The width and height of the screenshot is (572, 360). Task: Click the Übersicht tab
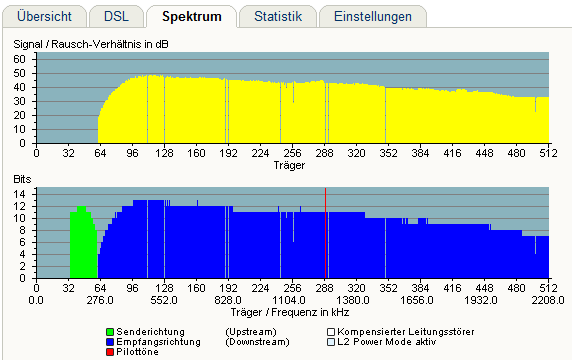click(45, 16)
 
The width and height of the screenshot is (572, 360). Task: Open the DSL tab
click(116, 16)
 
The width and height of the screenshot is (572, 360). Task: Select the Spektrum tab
click(192, 16)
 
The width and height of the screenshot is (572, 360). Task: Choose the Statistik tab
click(278, 16)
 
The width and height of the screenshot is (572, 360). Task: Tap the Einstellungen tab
click(373, 16)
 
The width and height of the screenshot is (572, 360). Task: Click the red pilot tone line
click(325, 233)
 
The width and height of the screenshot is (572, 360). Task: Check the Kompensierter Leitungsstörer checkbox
click(331, 332)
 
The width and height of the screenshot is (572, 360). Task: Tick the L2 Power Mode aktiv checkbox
click(331, 342)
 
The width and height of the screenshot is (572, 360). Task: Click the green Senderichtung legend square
click(110, 332)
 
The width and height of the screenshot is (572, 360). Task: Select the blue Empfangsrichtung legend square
click(110, 342)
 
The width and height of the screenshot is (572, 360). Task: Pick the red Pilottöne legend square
click(110, 352)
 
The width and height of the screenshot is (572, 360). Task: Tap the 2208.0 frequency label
click(548, 300)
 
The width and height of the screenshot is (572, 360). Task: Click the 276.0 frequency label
click(100, 300)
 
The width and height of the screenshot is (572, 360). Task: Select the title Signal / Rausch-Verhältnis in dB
click(91, 44)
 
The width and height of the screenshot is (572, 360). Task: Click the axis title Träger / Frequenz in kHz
click(290, 313)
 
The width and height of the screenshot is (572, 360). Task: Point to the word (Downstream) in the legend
click(257, 342)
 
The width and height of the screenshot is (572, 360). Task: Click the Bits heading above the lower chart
click(22, 179)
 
